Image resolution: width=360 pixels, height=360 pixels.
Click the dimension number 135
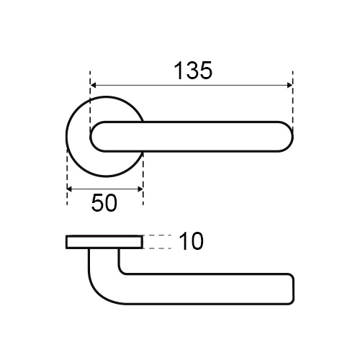click(x=193, y=71)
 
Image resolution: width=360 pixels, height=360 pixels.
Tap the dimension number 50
click(x=104, y=203)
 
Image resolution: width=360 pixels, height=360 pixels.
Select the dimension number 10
click(x=192, y=241)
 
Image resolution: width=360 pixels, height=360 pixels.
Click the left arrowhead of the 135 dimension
click(x=94, y=85)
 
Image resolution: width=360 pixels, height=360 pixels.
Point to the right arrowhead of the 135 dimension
click(x=289, y=85)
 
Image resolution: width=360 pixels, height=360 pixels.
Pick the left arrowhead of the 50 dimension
click(x=70, y=189)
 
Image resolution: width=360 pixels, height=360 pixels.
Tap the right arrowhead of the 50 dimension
click(x=140, y=189)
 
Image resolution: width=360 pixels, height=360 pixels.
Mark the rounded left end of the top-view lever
click(x=91, y=137)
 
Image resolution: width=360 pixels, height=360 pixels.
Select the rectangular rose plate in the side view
click(x=104, y=242)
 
